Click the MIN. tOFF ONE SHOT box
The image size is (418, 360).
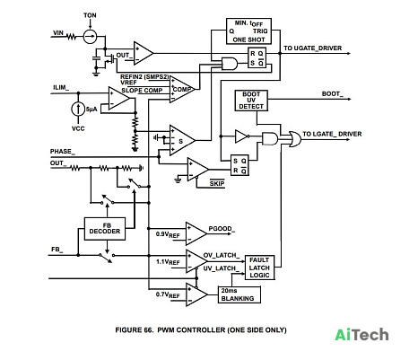pyautogui.click(x=248, y=31)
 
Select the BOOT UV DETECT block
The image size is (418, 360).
pyautogui.click(x=251, y=101)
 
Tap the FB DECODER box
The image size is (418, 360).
pyautogui.click(x=105, y=229)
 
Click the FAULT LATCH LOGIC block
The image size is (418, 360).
pyautogui.click(x=259, y=268)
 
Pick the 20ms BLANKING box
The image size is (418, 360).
pyautogui.click(x=239, y=294)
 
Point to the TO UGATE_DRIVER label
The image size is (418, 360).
pyautogui.click(x=313, y=48)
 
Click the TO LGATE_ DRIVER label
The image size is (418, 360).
pyautogui.click(x=332, y=134)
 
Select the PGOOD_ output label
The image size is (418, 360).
pyautogui.click(x=222, y=229)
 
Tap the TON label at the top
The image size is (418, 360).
pyautogui.click(x=90, y=15)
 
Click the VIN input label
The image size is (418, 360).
pyautogui.click(x=58, y=32)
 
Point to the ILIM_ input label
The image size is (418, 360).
pyautogui.click(x=61, y=88)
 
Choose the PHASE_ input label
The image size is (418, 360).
pyautogui.click(x=63, y=152)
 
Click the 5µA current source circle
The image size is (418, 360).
pyautogui.click(x=78, y=109)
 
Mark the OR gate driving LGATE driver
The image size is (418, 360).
pyautogui.click(x=295, y=138)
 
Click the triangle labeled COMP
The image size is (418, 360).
pyautogui.click(x=182, y=89)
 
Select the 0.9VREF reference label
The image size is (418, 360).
pyautogui.click(x=168, y=234)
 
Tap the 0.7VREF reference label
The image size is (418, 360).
pyautogui.click(x=168, y=294)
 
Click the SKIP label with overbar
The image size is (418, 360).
pyautogui.click(x=217, y=183)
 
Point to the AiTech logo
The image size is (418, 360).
pyautogui.click(x=361, y=335)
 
